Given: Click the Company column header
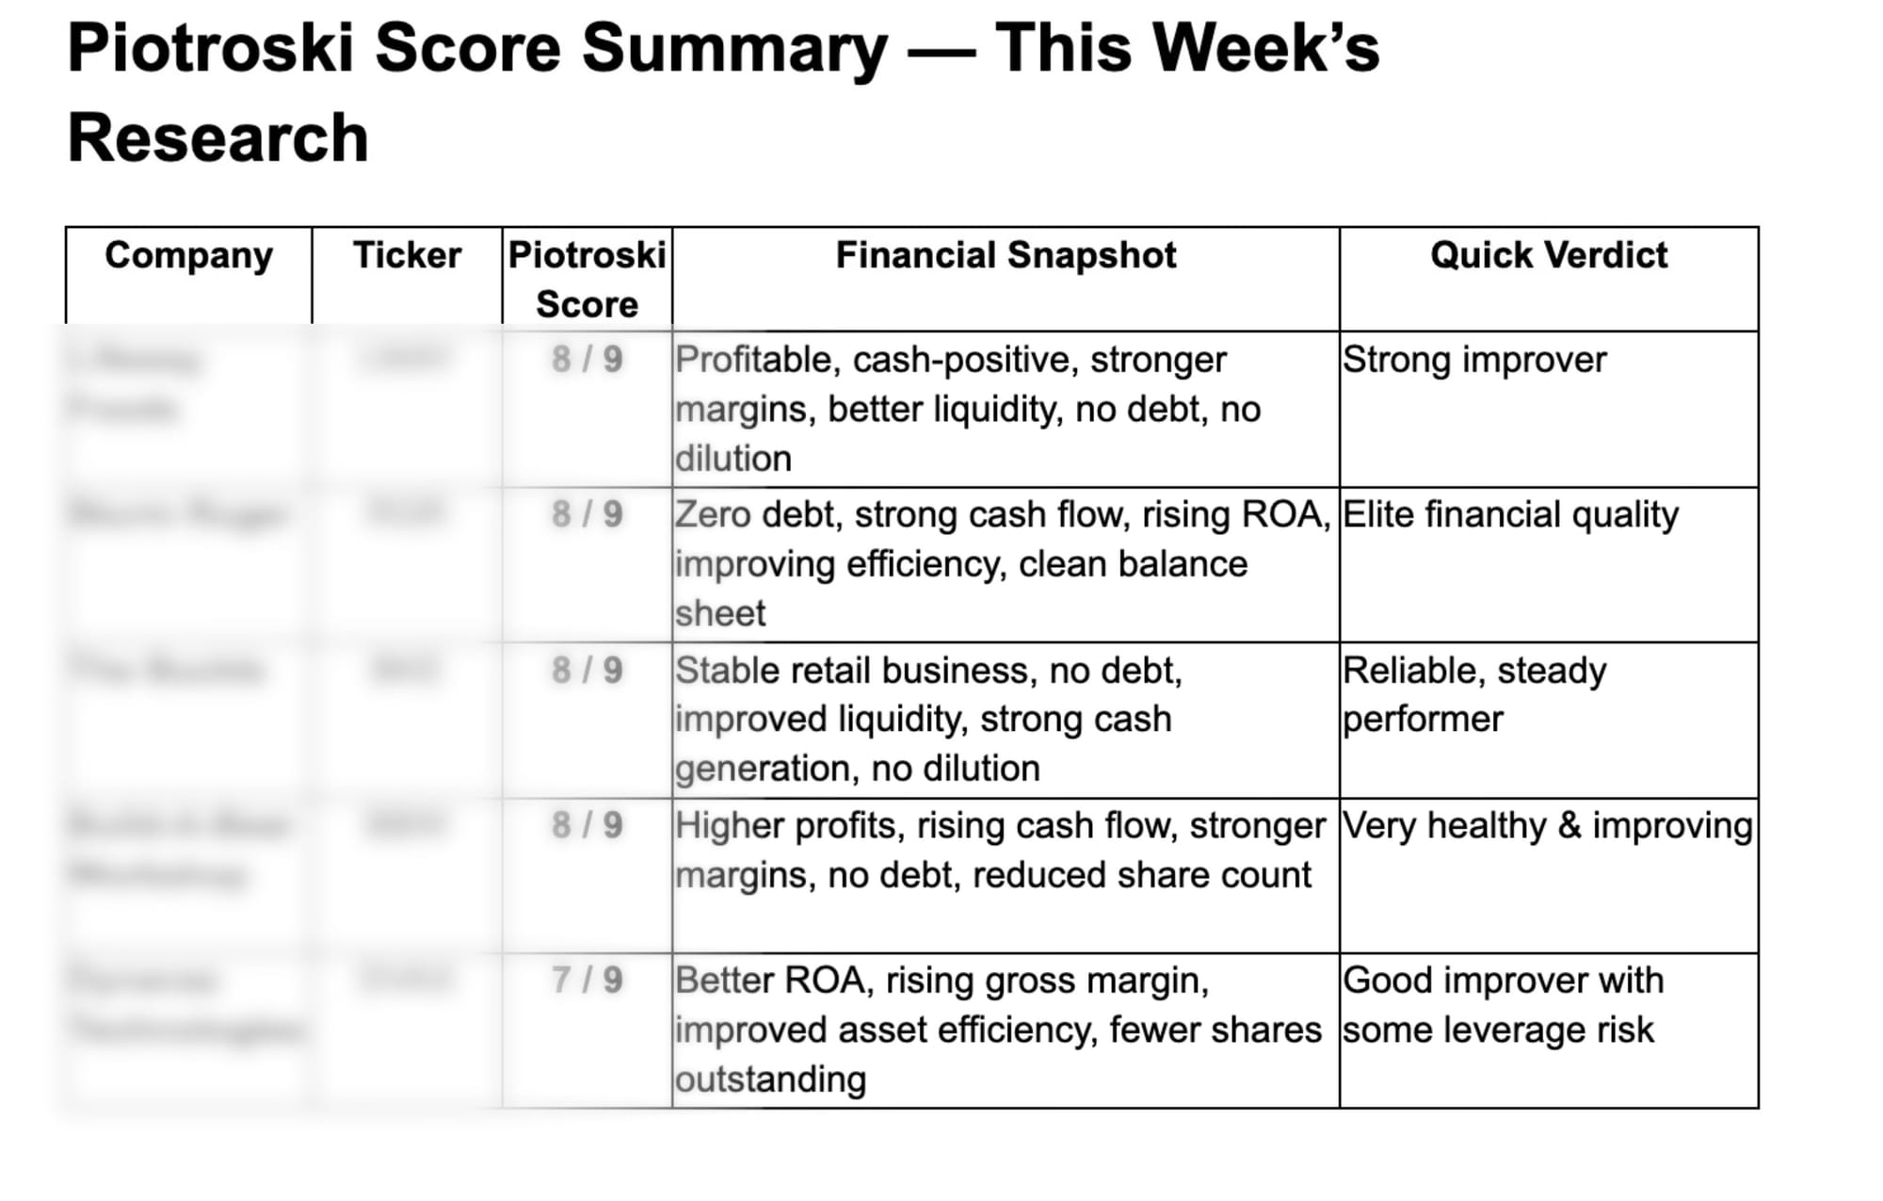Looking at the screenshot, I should tap(188, 255).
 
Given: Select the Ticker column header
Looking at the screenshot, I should tap(407, 255).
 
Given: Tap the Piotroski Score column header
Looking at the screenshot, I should tap(587, 279).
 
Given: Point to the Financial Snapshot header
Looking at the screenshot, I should tap(1006, 255).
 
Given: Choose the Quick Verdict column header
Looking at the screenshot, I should tap(1549, 255).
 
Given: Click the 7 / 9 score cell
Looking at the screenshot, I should tap(587, 981).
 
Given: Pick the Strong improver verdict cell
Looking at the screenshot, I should tap(1474, 360).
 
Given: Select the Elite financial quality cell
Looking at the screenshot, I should tap(1510, 515).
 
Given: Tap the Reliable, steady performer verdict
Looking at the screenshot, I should tap(1474, 694).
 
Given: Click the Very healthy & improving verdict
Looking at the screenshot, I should tap(1547, 826).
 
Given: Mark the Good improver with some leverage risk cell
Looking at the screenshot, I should tap(1503, 1005).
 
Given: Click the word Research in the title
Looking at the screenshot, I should tap(217, 138).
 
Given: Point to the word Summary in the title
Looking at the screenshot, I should tap(734, 48).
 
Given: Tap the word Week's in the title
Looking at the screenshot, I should tap(1265, 48).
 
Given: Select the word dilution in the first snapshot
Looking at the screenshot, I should tap(732, 459).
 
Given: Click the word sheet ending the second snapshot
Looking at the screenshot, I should tap(720, 613).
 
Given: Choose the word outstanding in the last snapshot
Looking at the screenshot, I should tap(770, 1079).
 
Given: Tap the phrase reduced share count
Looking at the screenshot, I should tap(1141, 875).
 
